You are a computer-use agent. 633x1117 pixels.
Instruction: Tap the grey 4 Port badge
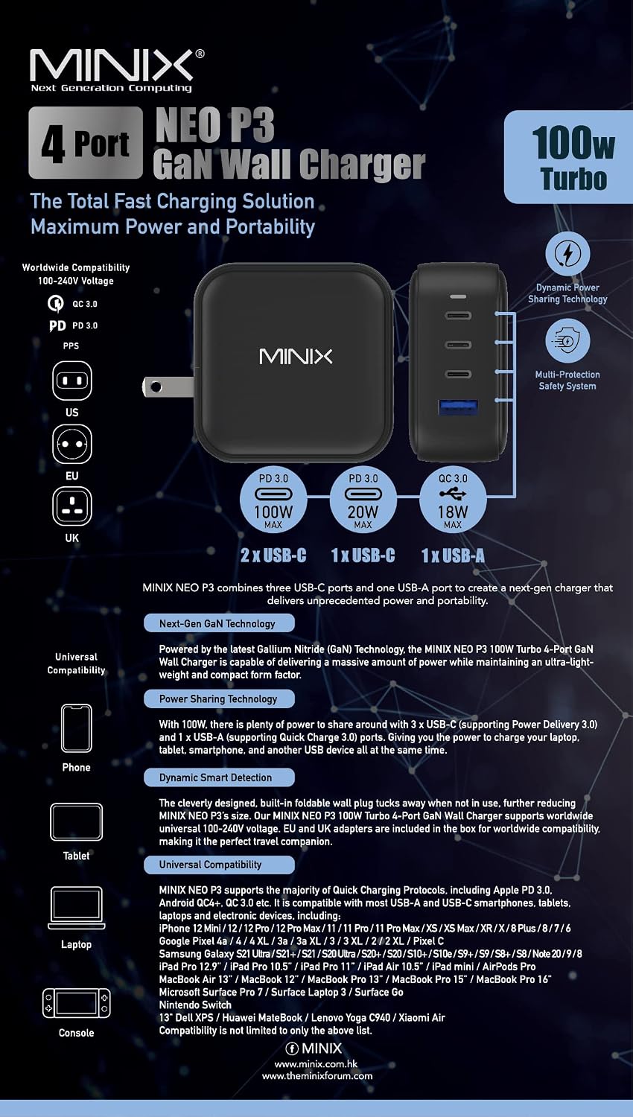[x=86, y=143]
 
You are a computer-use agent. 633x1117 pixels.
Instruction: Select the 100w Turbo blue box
[x=569, y=156]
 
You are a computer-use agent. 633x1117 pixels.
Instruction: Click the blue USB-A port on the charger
[x=458, y=407]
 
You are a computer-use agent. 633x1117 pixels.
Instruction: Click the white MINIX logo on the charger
[x=296, y=357]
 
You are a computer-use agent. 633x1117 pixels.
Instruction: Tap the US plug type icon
[x=71, y=381]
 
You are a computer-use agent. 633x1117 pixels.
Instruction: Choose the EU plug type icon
[x=71, y=443]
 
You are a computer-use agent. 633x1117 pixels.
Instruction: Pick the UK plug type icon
[x=71, y=506]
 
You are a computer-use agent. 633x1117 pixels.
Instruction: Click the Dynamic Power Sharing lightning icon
[x=567, y=254]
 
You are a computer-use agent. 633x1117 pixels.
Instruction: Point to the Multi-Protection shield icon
[x=567, y=340]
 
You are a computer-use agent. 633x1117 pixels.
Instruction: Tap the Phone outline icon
[x=76, y=728]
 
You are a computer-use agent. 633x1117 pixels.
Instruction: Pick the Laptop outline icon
[x=76, y=908]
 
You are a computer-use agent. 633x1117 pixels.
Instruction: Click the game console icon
[x=76, y=1003]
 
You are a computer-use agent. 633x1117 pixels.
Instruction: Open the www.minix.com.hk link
[x=316, y=1063]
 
